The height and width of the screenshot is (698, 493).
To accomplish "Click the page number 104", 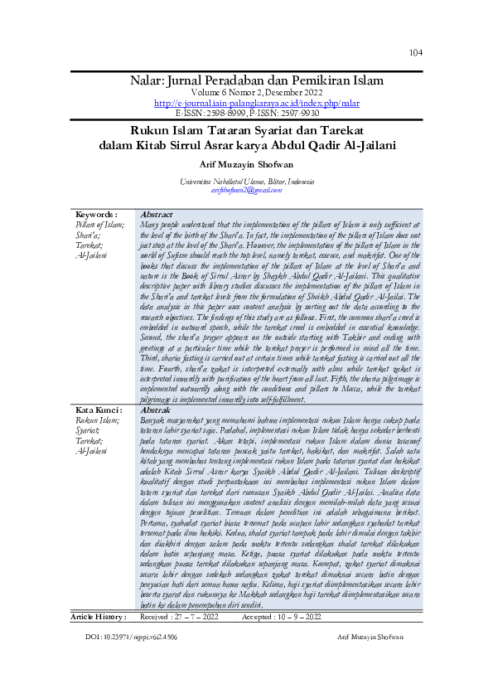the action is (x=415, y=52).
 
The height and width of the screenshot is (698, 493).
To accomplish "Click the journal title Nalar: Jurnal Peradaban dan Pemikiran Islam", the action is (x=257, y=80).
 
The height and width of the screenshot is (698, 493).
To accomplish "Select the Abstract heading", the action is (x=157, y=214).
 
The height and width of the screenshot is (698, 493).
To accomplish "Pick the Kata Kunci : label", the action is (x=99, y=410).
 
